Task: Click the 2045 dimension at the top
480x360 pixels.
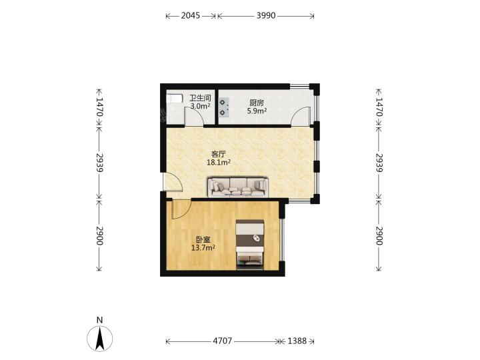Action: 191,15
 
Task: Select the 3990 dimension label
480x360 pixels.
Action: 266,15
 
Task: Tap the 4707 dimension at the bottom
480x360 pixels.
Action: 222,341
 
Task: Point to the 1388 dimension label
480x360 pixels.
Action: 297,341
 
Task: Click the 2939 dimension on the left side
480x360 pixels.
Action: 99,162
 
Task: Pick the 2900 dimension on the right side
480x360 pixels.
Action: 379,236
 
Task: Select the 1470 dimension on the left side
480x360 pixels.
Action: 99,107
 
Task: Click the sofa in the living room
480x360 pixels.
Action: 238,187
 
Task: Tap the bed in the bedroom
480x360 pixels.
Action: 250,244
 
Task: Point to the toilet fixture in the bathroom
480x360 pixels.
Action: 174,99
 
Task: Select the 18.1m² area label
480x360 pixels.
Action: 219,163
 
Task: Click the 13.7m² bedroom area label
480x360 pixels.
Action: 203,247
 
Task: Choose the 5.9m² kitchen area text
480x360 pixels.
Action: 257,111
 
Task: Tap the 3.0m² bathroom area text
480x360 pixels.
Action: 201,106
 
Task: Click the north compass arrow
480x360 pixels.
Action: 99,338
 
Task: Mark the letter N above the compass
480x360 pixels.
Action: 99,320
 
